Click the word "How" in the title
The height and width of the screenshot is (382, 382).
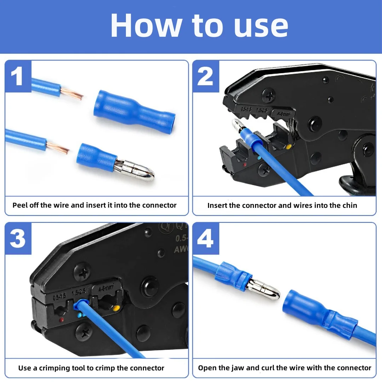146,25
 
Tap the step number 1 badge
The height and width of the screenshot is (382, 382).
18,76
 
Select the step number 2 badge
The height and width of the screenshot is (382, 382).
206,76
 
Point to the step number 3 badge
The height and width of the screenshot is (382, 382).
18,239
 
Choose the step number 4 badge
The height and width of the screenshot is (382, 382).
206,239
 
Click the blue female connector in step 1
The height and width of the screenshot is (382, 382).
134,111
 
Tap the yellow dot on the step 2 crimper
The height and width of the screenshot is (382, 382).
289,147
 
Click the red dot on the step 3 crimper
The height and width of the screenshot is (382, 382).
62,320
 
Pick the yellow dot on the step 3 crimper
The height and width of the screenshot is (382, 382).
116,309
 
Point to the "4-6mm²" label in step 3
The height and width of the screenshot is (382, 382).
106,288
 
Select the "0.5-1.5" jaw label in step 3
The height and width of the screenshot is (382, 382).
59,297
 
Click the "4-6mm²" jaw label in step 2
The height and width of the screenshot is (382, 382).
284,114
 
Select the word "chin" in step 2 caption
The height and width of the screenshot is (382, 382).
350,206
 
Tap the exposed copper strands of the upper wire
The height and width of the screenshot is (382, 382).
72,94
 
